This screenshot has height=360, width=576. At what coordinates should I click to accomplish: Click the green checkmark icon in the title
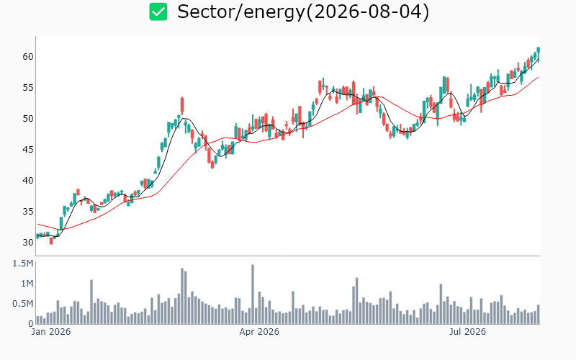[x=158, y=12]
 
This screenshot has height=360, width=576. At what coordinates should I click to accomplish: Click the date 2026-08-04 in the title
[x=367, y=12]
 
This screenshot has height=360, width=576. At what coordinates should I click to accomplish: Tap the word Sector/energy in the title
[x=241, y=12]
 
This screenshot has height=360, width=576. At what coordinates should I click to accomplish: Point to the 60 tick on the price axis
[x=28, y=57]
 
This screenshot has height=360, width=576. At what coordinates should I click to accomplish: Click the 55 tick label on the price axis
[x=28, y=87]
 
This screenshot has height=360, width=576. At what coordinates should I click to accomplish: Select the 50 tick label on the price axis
[x=28, y=118]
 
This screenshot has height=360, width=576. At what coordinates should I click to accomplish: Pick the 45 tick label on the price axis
[x=28, y=150]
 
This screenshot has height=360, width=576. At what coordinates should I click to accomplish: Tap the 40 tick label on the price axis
[x=28, y=181]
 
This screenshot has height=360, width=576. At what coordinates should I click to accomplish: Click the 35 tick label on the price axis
[x=28, y=211]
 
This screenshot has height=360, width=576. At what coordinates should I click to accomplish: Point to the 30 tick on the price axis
[x=28, y=242]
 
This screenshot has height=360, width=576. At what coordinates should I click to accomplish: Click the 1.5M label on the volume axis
[x=23, y=264]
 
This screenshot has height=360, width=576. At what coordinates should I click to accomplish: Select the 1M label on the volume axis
[x=27, y=284]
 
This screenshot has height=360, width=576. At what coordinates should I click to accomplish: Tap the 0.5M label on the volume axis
[x=23, y=304]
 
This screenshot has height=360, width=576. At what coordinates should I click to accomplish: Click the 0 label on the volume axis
[x=31, y=323]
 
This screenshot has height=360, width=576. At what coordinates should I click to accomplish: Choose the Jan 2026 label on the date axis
[x=50, y=332]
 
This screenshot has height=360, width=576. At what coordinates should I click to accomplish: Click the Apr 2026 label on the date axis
[x=259, y=332]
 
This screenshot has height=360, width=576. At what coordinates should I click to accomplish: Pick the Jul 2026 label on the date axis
[x=467, y=332]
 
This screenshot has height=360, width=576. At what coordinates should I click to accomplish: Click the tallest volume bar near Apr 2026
[x=253, y=294]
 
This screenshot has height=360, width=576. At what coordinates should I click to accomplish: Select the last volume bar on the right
[x=539, y=315]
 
